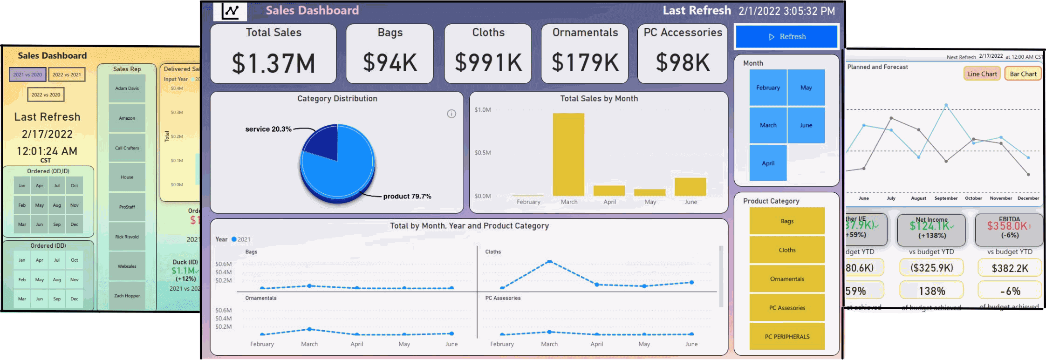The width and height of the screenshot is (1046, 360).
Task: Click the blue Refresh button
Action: coord(786,36)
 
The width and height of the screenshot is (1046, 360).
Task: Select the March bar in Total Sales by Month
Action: coord(568,154)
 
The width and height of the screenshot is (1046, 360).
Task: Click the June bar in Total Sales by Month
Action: coord(690,187)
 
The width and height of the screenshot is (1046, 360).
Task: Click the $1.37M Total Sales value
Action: coord(273,63)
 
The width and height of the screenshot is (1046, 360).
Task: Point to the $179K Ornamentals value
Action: coord(585,62)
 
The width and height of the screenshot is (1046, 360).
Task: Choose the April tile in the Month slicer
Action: coord(768,163)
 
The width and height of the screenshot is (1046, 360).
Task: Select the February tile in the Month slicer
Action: coord(768,88)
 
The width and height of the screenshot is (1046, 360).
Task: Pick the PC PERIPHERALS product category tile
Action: coord(787,336)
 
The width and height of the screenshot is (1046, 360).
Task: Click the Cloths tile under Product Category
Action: coord(787,250)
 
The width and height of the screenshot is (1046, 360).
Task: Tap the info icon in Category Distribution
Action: coord(451,114)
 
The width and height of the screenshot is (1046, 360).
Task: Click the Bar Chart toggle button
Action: coord(1023,74)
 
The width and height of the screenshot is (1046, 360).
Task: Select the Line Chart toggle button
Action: coord(982,74)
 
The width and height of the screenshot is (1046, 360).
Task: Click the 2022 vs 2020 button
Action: coord(46,95)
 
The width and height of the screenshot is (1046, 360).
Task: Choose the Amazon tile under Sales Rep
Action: coord(127,118)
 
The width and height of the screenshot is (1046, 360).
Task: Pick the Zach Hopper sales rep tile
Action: coord(127,295)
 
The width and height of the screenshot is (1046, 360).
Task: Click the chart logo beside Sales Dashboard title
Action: coord(230,11)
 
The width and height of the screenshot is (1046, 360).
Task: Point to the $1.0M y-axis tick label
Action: coord(482,110)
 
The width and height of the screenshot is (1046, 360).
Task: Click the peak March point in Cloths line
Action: coord(549,262)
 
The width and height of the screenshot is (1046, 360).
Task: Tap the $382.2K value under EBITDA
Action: coord(1009,268)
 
